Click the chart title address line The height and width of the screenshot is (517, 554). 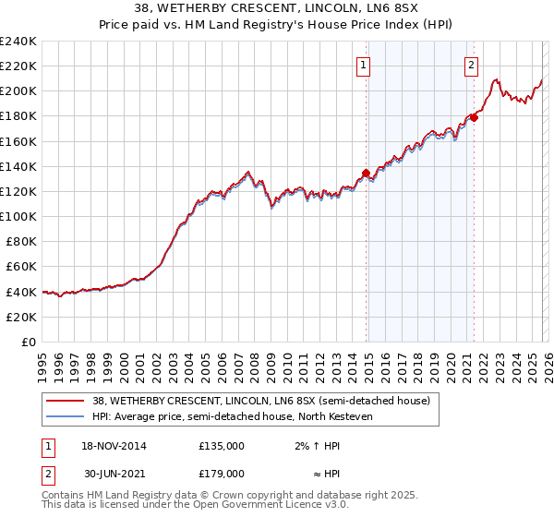pos(276,10)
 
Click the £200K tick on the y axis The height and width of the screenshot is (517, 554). pos(18,91)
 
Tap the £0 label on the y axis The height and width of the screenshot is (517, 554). pos(28,342)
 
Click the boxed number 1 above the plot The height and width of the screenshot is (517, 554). pos(364,65)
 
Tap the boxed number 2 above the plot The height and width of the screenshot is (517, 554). pos(471,65)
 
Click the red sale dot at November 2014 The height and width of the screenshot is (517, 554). pos(367,173)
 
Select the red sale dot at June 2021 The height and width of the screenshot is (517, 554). pos(474,117)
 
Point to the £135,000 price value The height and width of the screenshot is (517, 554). pos(222,445)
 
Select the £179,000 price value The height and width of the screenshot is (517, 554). pos(222,475)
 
